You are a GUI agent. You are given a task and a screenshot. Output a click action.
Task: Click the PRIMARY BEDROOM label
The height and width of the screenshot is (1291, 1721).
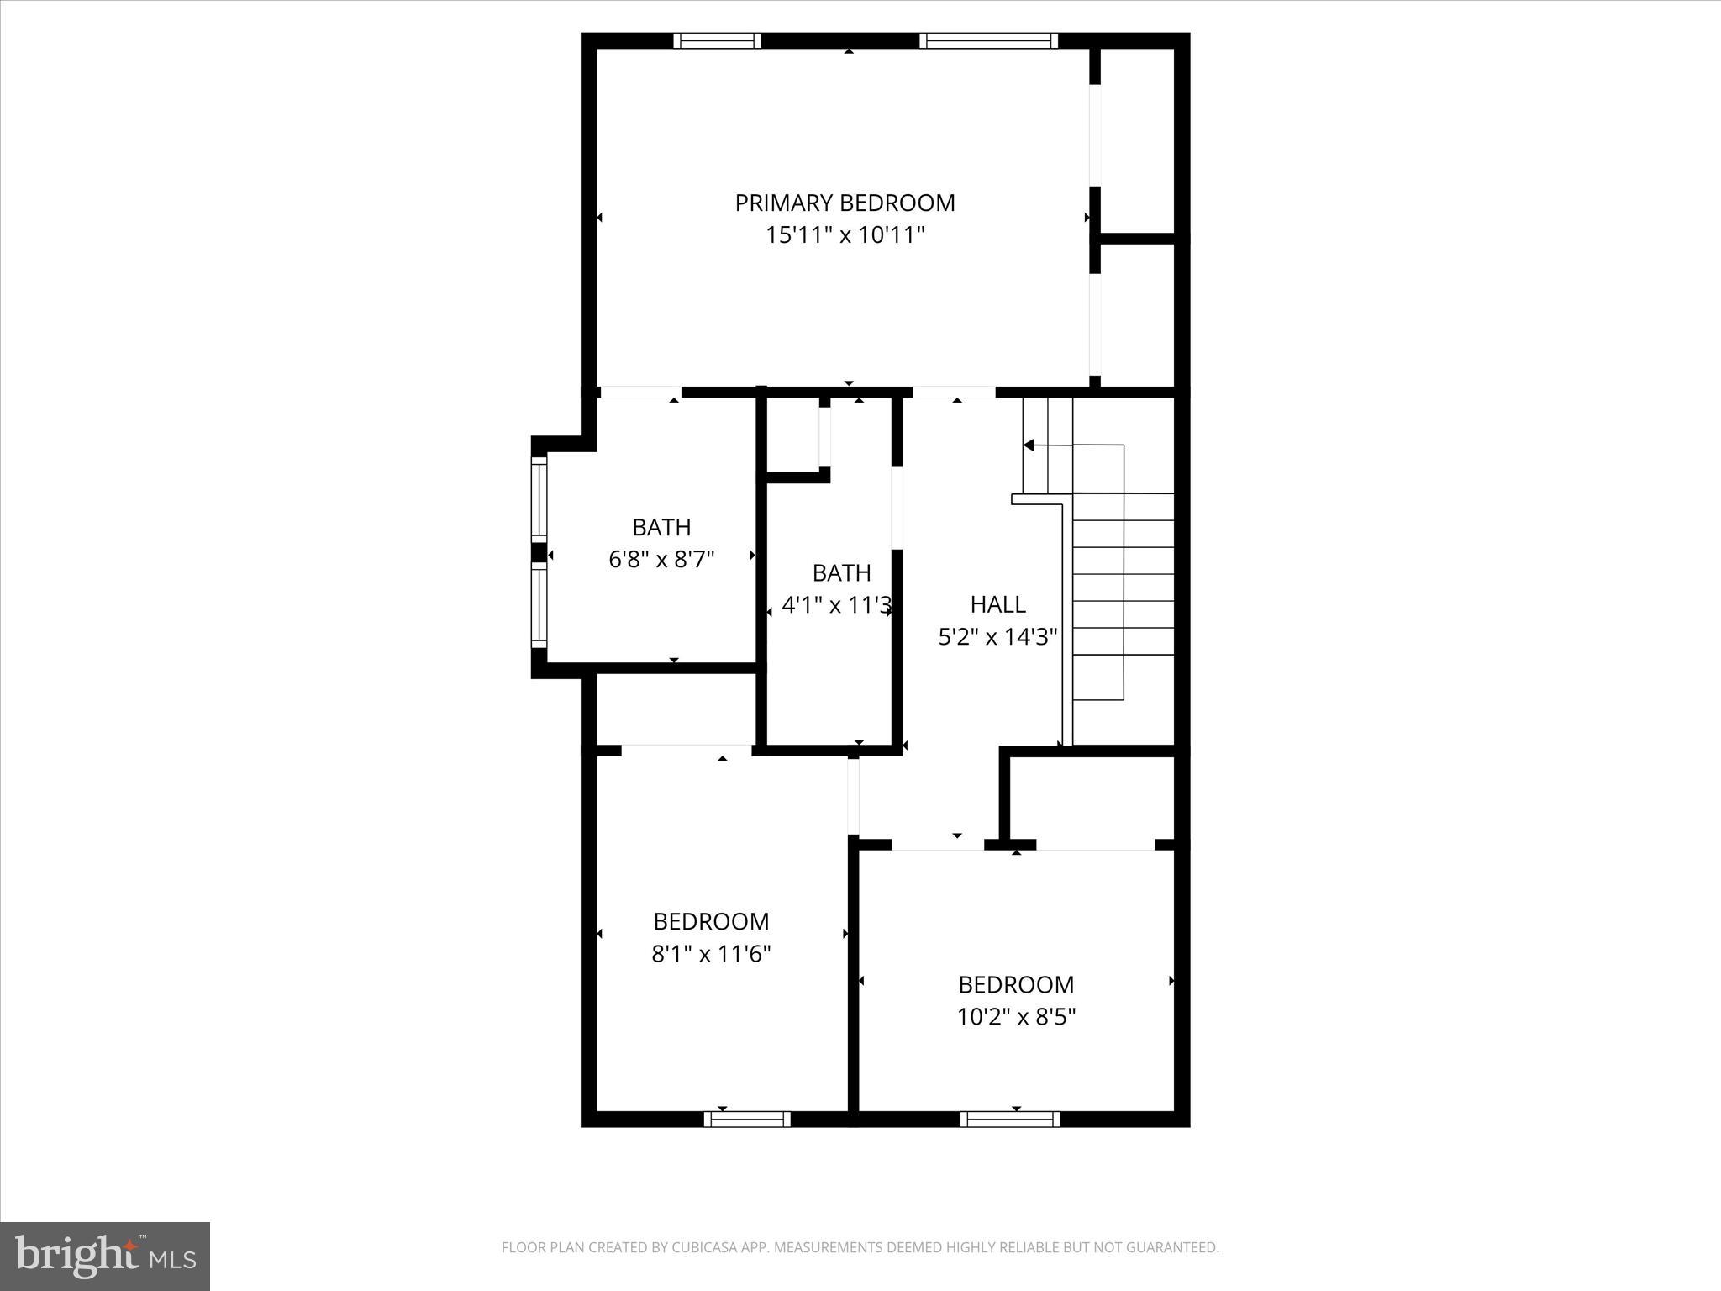[x=845, y=203]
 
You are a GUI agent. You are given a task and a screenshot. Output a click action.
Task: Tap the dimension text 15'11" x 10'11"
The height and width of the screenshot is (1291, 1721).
[x=845, y=235]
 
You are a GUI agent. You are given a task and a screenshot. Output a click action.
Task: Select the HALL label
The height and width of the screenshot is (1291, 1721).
[x=997, y=604]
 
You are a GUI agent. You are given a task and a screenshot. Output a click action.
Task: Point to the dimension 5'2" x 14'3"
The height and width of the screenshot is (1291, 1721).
[x=997, y=637]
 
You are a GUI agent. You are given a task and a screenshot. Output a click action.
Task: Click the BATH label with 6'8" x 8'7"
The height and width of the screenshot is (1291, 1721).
[x=661, y=528]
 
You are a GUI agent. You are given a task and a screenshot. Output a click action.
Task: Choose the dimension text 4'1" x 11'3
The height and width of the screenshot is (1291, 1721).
[x=836, y=605]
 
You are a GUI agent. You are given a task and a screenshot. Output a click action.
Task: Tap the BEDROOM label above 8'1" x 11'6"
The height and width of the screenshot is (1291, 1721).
[x=711, y=921]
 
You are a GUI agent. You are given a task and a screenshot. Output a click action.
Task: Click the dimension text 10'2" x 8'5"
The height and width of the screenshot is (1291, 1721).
[x=1016, y=1017]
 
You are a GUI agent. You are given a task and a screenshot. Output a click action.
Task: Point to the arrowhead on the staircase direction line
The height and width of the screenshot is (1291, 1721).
[x=1029, y=445]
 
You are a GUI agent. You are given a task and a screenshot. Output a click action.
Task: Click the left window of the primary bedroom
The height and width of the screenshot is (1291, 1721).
[x=717, y=40]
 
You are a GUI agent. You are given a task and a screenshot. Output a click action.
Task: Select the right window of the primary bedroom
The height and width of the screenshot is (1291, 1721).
[x=988, y=40]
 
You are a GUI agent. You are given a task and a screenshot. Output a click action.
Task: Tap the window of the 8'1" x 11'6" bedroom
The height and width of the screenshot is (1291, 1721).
[x=747, y=1119]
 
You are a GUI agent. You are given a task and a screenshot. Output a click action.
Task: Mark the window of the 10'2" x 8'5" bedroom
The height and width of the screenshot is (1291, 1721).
[x=1010, y=1119]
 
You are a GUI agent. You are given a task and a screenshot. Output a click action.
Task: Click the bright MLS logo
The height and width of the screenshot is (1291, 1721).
[x=105, y=1257]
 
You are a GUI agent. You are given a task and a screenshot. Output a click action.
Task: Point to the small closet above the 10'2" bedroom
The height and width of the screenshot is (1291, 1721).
[x=1091, y=798]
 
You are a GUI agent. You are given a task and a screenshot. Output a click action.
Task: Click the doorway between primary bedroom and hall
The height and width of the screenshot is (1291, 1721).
[x=954, y=392]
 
